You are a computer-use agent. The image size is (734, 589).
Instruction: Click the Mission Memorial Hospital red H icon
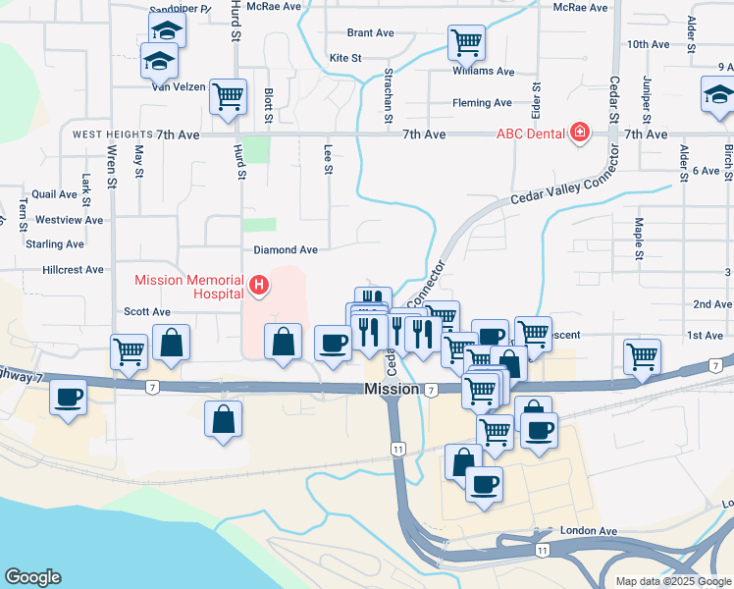pos(259,286)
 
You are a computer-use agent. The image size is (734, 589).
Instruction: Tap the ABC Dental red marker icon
pos(580,132)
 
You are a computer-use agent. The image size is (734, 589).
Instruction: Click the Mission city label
pos(392,390)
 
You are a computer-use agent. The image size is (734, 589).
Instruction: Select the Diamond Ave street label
pos(286,250)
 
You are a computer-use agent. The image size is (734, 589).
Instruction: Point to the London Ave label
pos(589,531)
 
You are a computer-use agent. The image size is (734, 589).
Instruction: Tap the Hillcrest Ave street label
pos(73,270)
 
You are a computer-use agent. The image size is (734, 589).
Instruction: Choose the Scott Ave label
pos(147,312)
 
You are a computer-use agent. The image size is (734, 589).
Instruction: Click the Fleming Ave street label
pos(482,103)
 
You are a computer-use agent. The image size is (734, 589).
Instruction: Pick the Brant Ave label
pos(370,33)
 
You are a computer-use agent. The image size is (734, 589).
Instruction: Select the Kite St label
pos(345,59)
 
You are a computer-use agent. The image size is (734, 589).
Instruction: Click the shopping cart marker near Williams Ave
pos(466,43)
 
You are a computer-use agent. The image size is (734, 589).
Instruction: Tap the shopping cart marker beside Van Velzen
pos(228,97)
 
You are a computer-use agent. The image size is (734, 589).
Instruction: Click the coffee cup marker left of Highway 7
pos(69,398)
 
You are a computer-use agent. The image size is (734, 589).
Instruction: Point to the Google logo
pos(32,577)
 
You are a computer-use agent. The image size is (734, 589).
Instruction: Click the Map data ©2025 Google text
pos(673,581)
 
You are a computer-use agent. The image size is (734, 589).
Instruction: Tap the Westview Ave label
pos(69,220)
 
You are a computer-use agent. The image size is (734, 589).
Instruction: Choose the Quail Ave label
pos(54,194)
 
